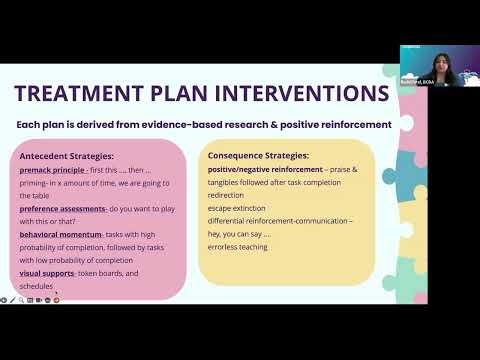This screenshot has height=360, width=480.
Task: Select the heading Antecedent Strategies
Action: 66,156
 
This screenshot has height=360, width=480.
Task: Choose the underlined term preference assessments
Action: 64,208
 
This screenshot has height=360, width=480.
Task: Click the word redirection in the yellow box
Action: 228,196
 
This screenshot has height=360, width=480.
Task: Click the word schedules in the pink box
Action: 36,286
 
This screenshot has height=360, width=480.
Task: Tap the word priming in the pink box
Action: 33,183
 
